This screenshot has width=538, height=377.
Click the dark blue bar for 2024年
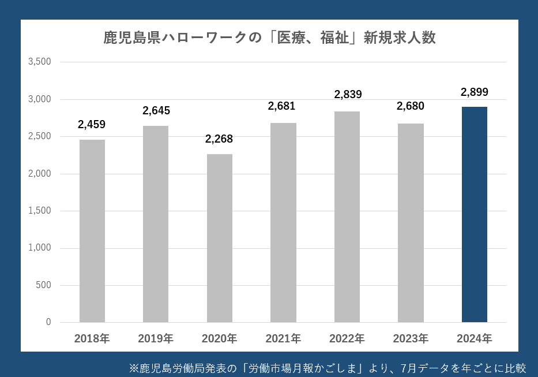pyautogui.click(x=474, y=214)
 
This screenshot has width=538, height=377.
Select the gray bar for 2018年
pyautogui.click(x=92, y=231)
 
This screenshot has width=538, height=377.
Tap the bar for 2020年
pyautogui.click(x=220, y=238)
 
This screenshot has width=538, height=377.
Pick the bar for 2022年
pyautogui.click(x=347, y=217)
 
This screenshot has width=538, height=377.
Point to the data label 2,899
pyautogui.click(x=474, y=92)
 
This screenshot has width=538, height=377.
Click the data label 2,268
pyautogui.click(x=219, y=139)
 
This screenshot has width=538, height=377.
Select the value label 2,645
pyautogui.click(x=156, y=110)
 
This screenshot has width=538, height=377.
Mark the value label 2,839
pyautogui.click(x=348, y=95)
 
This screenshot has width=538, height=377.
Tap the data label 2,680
pyautogui.click(x=411, y=106)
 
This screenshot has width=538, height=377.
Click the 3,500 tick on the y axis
pyautogui.click(x=40, y=62)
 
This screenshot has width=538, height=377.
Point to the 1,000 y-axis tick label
pyautogui.click(x=40, y=248)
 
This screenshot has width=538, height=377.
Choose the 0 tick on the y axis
pyautogui.click(x=48, y=322)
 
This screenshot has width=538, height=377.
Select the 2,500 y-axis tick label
pyautogui.click(x=40, y=136)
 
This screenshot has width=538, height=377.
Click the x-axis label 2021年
pyautogui.click(x=283, y=338)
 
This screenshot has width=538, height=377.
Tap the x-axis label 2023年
pyautogui.click(x=411, y=338)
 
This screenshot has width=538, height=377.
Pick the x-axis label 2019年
pyautogui.click(x=156, y=338)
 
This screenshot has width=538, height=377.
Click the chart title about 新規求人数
pyautogui.click(x=269, y=38)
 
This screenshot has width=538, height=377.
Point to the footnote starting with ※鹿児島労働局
pyautogui.click(x=328, y=368)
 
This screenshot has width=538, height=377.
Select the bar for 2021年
pyautogui.click(x=283, y=222)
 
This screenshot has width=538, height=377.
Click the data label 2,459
pyautogui.click(x=92, y=124)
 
